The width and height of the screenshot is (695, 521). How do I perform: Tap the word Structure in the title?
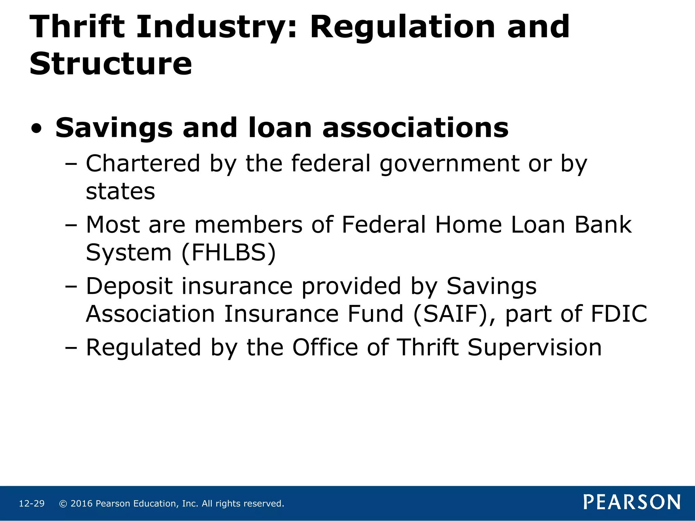(x=111, y=64)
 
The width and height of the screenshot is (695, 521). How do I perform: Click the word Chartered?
(x=143, y=163)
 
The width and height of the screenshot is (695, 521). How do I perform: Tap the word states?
(x=120, y=192)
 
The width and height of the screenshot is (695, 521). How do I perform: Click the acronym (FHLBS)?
(x=229, y=253)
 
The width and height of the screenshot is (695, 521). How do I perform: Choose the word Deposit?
(x=129, y=286)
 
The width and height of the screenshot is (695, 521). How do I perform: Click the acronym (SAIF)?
(x=450, y=314)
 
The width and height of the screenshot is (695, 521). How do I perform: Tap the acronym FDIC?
(x=619, y=314)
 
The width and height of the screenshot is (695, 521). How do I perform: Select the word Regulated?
(x=144, y=347)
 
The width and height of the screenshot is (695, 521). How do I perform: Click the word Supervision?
(x=534, y=347)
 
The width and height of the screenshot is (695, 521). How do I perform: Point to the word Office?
(x=325, y=347)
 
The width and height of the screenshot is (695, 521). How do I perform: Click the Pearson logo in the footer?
(x=632, y=502)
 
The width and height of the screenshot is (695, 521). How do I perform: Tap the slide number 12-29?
(x=32, y=504)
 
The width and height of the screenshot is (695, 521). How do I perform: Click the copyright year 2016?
(x=81, y=504)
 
